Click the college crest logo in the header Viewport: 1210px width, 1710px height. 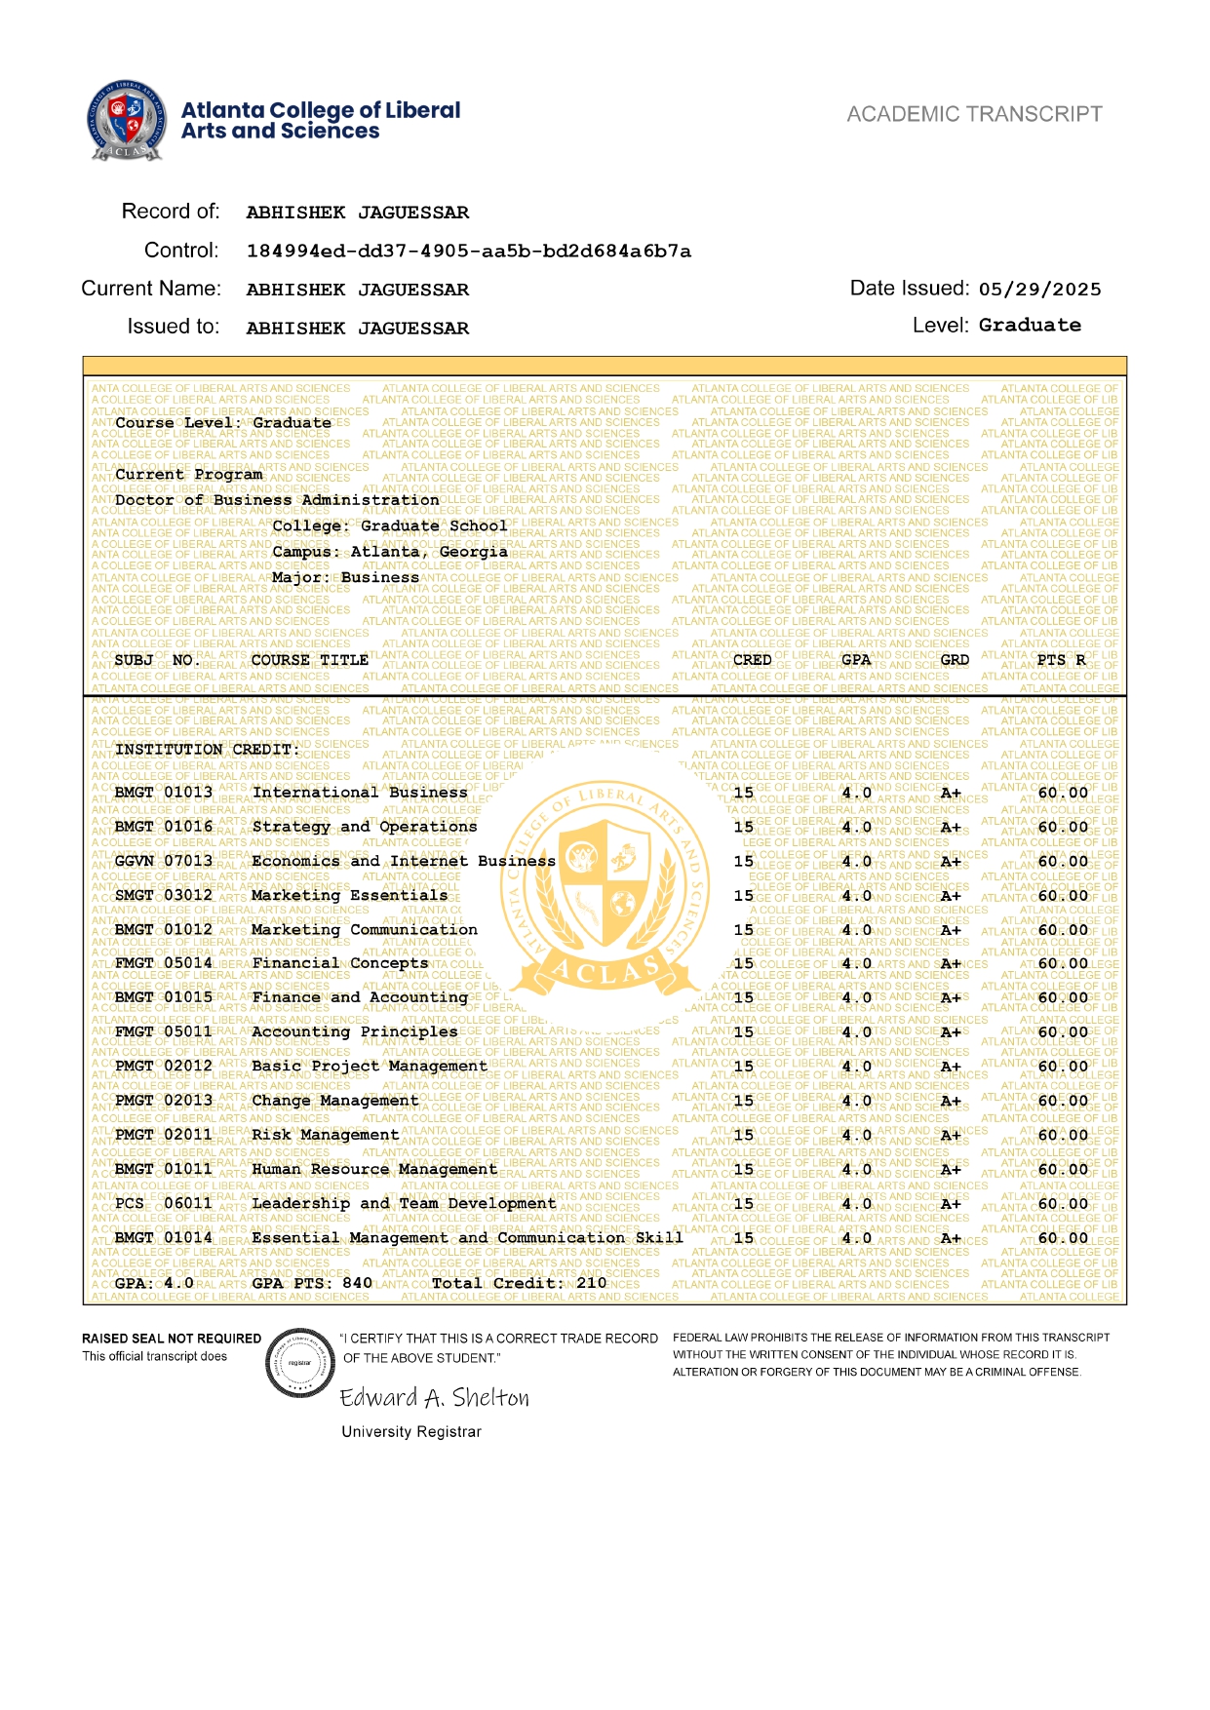tap(125, 120)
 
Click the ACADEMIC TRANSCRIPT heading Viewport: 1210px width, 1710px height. tap(974, 114)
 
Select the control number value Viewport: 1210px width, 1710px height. tap(469, 252)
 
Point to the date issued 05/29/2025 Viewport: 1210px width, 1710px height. tap(1040, 290)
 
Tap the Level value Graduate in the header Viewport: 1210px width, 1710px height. tap(1030, 326)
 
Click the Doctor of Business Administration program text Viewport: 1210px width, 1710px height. tap(277, 500)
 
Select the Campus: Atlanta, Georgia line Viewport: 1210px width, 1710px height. tap(390, 552)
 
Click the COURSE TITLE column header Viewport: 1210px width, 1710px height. tap(310, 660)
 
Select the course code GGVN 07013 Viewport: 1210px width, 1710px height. tap(164, 861)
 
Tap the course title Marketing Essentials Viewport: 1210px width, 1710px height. tap(349, 895)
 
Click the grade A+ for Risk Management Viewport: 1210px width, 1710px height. tap(951, 1135)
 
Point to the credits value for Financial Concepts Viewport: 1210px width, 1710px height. tap(744, 963)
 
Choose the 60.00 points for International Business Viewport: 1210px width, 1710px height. tap(1063, 793)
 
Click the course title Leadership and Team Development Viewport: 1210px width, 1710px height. tap(404, 1204)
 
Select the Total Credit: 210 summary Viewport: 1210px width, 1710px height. tap(519, 1283)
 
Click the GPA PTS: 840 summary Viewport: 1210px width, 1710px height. tap(312, 1283)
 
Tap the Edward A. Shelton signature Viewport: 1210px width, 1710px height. tap(435, 1398)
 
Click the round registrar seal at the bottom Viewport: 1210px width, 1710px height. tap(300, 1363)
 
